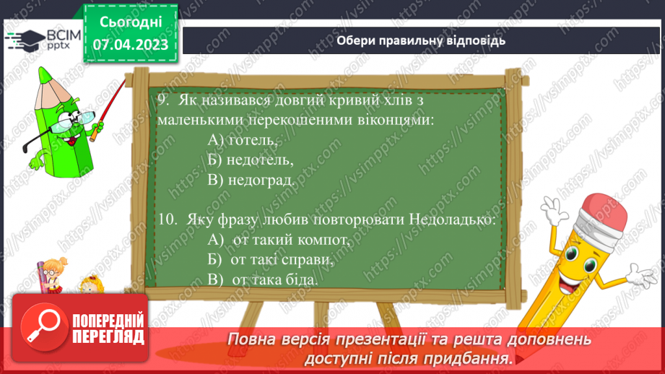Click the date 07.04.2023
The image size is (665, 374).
[131, 45]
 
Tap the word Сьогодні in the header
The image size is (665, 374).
[131, 22]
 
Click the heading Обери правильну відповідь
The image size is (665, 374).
[421, 40]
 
